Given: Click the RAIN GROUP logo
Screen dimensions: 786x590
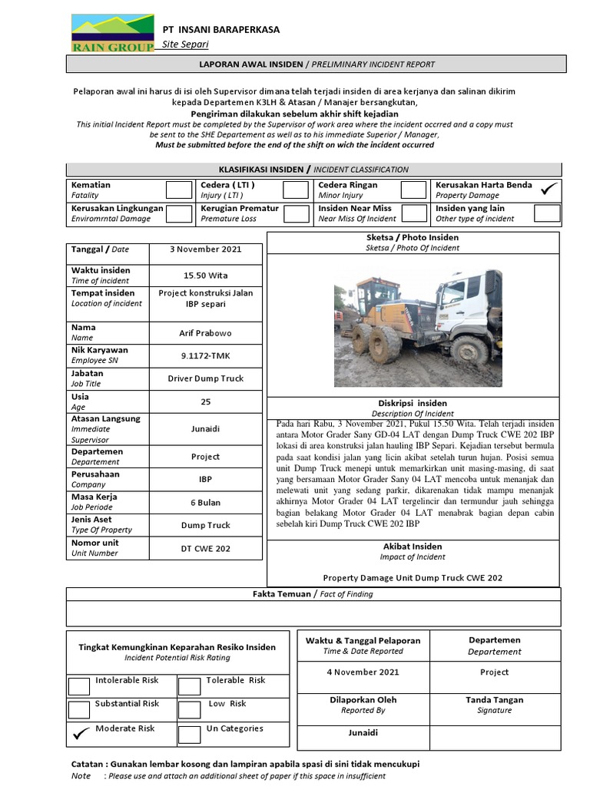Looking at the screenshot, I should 112,34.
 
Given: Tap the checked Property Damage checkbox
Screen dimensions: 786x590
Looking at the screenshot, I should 548,190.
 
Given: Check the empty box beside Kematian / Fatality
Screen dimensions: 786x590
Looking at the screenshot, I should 179,190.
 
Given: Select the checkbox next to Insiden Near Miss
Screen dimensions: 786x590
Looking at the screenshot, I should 413,213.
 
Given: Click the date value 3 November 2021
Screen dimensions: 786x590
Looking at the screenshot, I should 205,249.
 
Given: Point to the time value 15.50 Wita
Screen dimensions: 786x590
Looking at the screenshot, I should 205,276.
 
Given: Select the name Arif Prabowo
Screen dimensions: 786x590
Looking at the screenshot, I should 205,333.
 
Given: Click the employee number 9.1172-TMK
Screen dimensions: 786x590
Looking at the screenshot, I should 205,355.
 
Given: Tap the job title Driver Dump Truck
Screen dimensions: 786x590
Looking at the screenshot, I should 205,378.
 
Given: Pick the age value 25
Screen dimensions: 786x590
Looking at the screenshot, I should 205,401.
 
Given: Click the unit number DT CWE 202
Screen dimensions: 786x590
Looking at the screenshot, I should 205,548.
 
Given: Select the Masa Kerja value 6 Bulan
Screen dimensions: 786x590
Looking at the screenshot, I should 205,503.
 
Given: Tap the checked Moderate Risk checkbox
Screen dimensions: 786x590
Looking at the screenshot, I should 79,735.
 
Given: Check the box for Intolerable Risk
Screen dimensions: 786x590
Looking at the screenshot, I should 79,685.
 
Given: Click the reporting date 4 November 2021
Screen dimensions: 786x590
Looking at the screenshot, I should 363,672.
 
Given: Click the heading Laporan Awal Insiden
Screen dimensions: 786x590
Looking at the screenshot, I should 317,64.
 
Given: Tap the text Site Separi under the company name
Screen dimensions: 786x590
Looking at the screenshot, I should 185,45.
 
